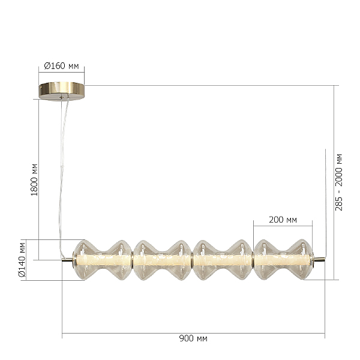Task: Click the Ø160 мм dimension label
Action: pyautogui.click(x=61, y=66)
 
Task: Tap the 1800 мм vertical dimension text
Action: pyautogui.click(x=34, y=180)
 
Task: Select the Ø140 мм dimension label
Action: pyautogui.click(x=22, y=260)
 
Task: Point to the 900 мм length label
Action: pyautogui.click(x=193, y=338)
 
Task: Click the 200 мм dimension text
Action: pyautogui.click(x=283, y=220)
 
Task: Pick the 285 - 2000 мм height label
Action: pyautogui.click(x=338, y=182)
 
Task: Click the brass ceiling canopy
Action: pyautogui.click(x=62, y=91)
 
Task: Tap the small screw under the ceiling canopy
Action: pyautogui.click(x=61, y=97)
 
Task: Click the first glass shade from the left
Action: pyautogui.click(x=103, y=260)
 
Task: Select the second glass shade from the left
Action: pyautogui.click(x=162, y=260)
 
